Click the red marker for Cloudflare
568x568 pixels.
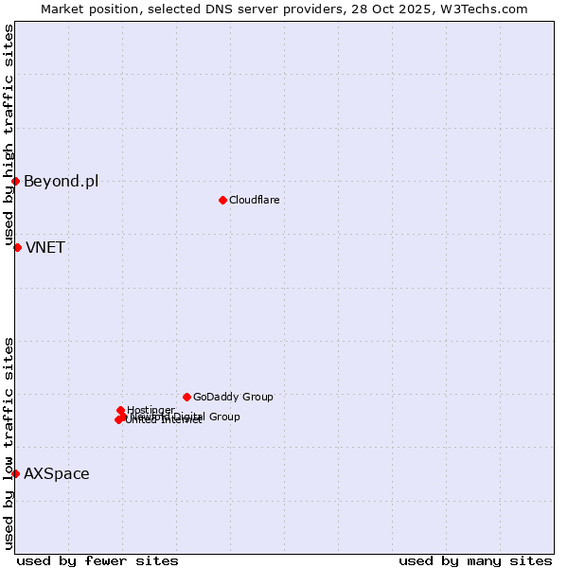click(222, 200)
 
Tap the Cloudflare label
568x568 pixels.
click(254, 200)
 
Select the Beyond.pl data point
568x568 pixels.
click(15, 181)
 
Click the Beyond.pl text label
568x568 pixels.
click(61, 182)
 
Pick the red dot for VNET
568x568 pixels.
click(17, 247)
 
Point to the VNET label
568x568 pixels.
click(45, 248)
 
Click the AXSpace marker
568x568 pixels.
click(15, 473)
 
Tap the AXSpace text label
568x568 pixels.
click(57, 474)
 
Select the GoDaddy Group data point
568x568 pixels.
click(186, 397)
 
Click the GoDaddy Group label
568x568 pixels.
click(233, 398)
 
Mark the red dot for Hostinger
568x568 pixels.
click(121, 410)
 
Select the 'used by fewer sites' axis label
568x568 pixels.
click(98, 560)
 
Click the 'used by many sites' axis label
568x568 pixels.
click(475, 560)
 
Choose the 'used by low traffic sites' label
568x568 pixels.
click(9, 443)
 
